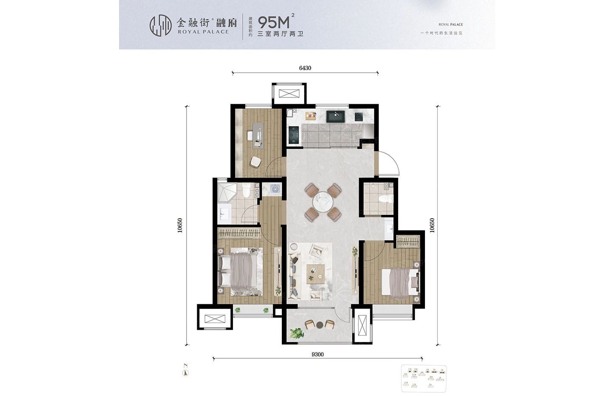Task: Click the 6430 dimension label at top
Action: pos(305,68)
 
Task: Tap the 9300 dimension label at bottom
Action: pos(317,354)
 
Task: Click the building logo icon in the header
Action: pos(161,26)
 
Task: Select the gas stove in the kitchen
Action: pos(294,135)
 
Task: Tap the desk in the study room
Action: pos(258,135)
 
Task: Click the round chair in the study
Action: pos(255,162)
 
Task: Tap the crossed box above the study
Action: pos(289,94)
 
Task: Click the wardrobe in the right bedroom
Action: pos(408,241)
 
